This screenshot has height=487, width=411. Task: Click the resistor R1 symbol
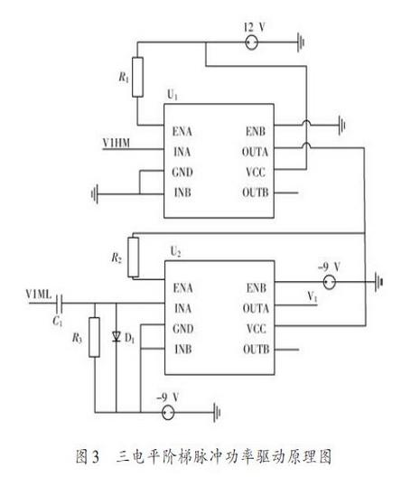pos(137,77)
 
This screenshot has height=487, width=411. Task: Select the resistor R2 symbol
pos(133,257)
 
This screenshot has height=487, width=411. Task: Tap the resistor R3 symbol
pos(94,337)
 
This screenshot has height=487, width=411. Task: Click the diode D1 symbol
pos(117,336)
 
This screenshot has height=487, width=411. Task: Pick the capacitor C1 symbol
pos(60,304)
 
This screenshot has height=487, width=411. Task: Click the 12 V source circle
pos(251,42)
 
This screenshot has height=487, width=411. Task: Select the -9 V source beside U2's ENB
pos(330,282)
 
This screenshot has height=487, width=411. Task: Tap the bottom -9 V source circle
pos(168,413)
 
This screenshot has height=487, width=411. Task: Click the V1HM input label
pos(117,143)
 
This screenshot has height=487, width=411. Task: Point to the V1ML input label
pos(39,294)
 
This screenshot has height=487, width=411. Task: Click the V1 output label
pos(313,297)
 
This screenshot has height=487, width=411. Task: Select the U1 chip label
pos(173,94)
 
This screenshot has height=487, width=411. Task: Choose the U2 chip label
pos(175,251)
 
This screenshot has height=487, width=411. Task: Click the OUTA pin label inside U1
pos(255,152)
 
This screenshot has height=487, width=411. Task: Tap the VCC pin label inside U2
pos(257,329)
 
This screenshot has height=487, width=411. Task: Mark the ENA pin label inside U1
pos(182,131)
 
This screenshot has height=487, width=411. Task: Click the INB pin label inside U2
pos(183,349)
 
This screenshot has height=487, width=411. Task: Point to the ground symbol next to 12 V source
pos(301,42)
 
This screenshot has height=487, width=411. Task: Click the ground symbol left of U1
pos(95,194)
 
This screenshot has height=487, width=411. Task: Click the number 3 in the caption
pos(96,457)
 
